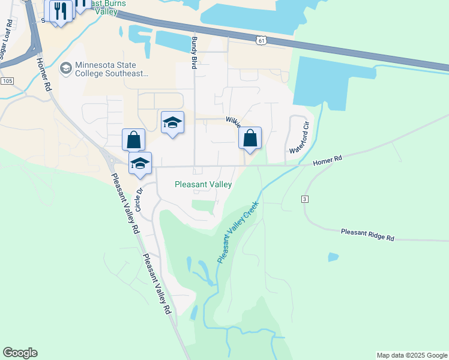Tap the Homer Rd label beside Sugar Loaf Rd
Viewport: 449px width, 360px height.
43,74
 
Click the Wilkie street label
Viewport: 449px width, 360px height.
234,122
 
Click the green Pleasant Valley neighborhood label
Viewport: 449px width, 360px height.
203,185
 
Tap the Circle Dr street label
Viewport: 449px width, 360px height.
138,200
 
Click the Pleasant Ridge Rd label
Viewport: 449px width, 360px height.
367,235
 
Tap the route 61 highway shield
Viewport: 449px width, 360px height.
259,40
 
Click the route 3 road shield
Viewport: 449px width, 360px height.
305,199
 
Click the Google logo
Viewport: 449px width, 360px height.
20,353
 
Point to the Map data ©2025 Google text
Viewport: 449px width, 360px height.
412,355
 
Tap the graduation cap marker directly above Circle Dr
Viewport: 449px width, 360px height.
140,163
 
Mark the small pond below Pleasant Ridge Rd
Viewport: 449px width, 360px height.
333,257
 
